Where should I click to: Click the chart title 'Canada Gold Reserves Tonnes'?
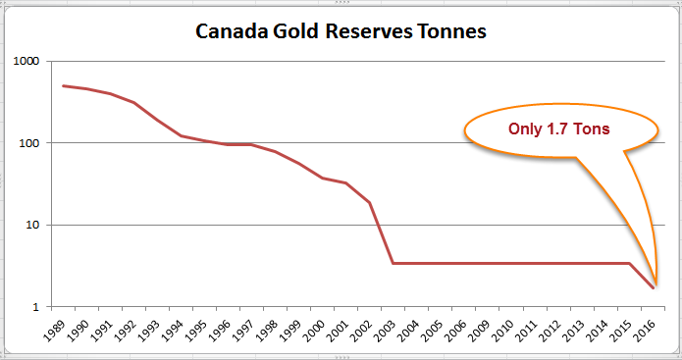(x=341, y=31)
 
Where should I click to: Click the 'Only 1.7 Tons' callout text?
(x=557, y=129)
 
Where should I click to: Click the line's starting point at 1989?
(x=63, y=85)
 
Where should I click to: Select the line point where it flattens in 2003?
(x=393, y=263)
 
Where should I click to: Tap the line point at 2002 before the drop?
(x=370, y=202)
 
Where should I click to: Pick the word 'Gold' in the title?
(x=289, y=31)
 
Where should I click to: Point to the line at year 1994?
(x=182, y=135)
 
